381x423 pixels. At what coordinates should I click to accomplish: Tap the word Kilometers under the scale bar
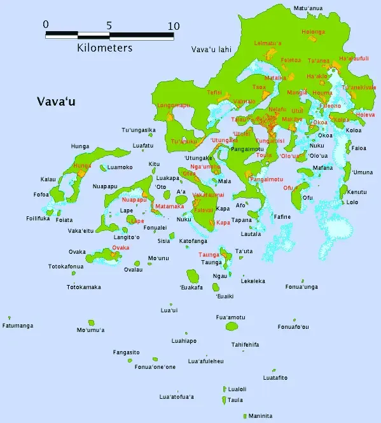click(x=105, y=48)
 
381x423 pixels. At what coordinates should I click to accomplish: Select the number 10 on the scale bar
click(x=173, y=26)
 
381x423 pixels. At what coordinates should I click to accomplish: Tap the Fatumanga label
click(x=18, y=326)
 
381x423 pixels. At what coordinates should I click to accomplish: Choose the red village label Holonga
click(x=312, y=31)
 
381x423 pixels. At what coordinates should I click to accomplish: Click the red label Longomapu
click(x=174, y=106)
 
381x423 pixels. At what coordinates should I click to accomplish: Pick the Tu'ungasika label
click(x=139, y=130)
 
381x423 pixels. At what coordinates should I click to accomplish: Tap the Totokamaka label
click(x=84, y=287)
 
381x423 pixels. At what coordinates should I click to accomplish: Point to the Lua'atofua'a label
click(x=176, y=398)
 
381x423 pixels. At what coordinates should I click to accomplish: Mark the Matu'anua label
click(x=308, y=8)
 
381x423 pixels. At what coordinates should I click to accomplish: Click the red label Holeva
click(x=366, y=115)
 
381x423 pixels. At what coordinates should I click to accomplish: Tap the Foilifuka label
click(x=38, y=218)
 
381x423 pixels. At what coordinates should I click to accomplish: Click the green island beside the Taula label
click(x=224, y=400)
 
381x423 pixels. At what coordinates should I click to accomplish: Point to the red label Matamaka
click(x=169, y=207)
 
